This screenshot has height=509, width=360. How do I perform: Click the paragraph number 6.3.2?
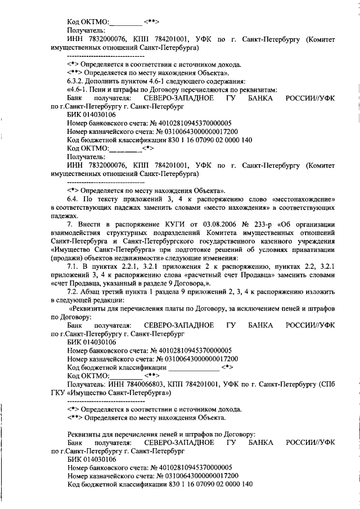tap(76, 81)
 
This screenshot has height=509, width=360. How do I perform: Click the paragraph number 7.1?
tap(74, 276)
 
